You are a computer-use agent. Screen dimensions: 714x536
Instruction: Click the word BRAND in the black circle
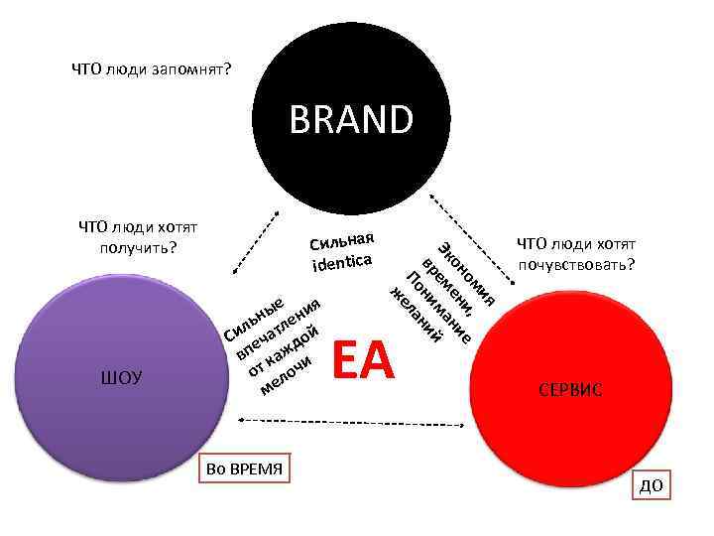pyautogui.click(x=351, y=120)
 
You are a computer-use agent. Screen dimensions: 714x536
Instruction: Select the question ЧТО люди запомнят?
pyautogui.click(x=152, y=69)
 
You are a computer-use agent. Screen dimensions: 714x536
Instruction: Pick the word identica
pyautogui.click(x=341, y=263)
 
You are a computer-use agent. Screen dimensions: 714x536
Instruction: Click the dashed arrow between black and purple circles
pyautogui.click(x=251, y=242)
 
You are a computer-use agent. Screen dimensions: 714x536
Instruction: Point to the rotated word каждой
pyautogui.click(x=283, y=353)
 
